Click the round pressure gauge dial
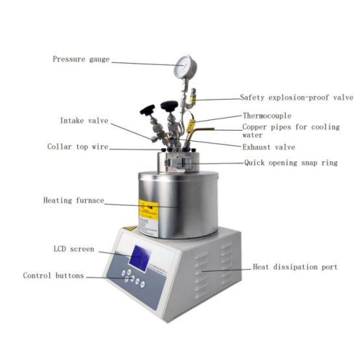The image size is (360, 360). tap(185, 66)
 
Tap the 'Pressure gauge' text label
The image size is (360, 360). tap(81, 59)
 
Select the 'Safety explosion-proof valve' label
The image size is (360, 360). tap(296, 97)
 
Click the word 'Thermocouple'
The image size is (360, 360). tap(267, 116)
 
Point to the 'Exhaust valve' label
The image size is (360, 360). tap(268, 147)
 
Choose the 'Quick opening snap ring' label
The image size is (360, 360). tap(290, 163)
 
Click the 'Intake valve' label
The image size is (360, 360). tap(84, 120)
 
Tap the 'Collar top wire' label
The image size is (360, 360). tap(77, 146)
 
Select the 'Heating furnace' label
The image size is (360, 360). tap(73, 200)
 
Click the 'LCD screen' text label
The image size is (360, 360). tap(73, 249)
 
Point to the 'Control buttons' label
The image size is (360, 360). tap(53, 276)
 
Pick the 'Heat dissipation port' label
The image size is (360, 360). tap(295, 267)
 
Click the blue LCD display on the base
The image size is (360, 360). tap(140, 258)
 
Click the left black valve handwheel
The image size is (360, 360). tap(148, 110)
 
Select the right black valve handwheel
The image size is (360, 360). tap(169, 105)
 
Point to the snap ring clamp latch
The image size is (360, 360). tap(183, 162)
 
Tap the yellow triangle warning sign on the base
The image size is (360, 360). tap(130, 228)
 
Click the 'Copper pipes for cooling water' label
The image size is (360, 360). tap(291, 131)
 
